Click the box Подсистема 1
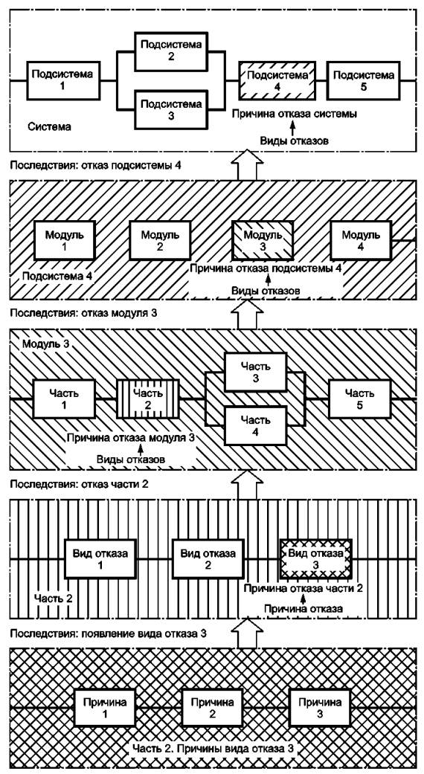click(x=62, y=80)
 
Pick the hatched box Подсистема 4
click(x=277, y=80)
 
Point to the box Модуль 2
click(x=160, y=239)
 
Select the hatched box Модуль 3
click(x=263, y=239)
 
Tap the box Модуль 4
click(x=360, y=239)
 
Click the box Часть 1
click(x=64, y=399)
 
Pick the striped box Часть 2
click(x=148, y=399)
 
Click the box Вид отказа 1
click(x=100, y=559)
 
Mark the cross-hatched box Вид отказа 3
click(x=316, y=559)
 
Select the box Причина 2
click(x=212, y=708)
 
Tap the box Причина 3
click(x=319, y=708)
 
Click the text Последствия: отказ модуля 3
click(x=83, y=313)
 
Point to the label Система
click(x=49, y=127)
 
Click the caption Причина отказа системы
click(x=294, y=114)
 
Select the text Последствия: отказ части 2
click(x=80, y=484)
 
